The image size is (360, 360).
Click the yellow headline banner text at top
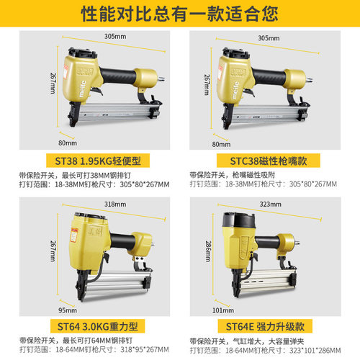click(180, 12)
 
